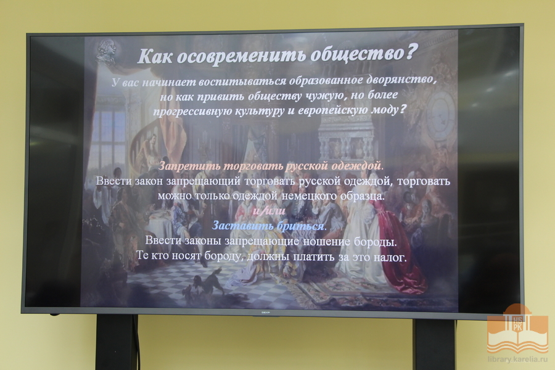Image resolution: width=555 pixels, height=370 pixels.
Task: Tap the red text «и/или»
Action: point(269,210)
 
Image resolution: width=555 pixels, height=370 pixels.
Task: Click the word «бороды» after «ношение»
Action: point(374,242)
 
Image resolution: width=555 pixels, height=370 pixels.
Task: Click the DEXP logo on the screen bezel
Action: point(265,313)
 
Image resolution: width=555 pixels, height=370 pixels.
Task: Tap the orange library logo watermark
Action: point(517,329)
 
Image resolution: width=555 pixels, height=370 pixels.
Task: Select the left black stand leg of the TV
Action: point(115,342)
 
